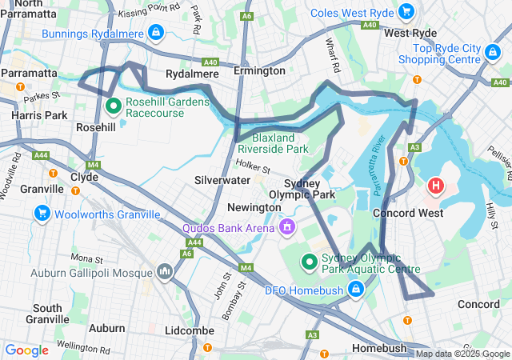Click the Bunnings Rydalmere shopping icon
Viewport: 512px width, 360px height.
pos(156,33)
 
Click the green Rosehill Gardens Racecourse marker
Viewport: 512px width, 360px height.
pos(114,104)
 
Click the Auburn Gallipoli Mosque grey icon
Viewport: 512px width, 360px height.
pos(166,273)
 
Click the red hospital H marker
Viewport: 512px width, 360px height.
pos(436,186)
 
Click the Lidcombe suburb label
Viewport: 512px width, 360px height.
pos(186,330)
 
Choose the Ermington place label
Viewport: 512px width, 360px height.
pos(259,72)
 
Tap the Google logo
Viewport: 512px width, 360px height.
pos(27,350)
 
